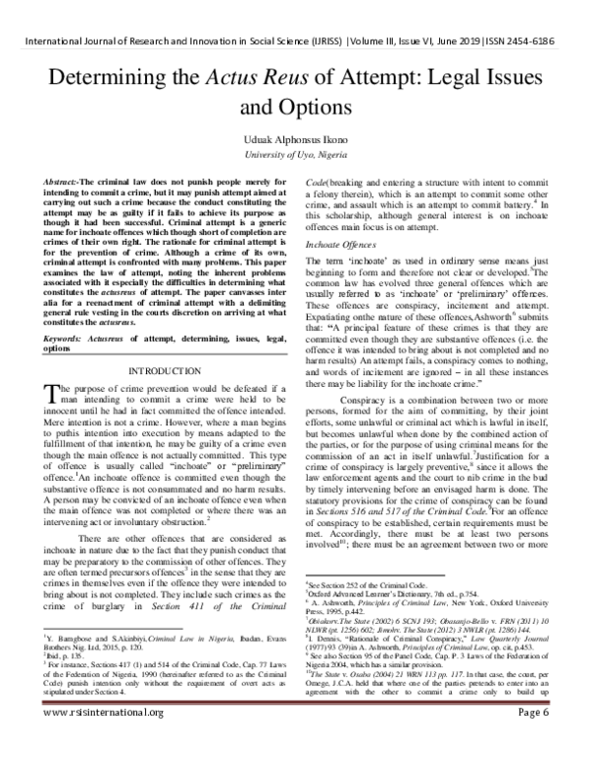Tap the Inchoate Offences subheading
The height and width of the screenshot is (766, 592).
(338, 244)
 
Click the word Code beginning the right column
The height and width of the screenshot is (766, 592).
(319, 186)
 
